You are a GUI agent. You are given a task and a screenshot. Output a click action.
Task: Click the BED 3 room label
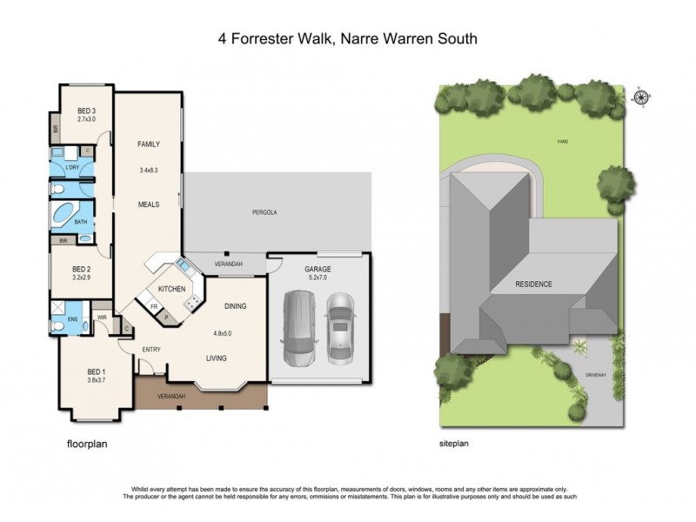pos(85,110)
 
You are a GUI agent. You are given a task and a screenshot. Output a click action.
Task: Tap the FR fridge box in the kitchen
pos(154,307)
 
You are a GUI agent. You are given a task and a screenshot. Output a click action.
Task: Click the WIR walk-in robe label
pos(101,318)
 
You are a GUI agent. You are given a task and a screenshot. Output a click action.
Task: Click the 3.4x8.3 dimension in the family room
pos(151,170)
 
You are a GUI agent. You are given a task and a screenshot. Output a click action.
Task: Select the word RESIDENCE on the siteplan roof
pos(533,284)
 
